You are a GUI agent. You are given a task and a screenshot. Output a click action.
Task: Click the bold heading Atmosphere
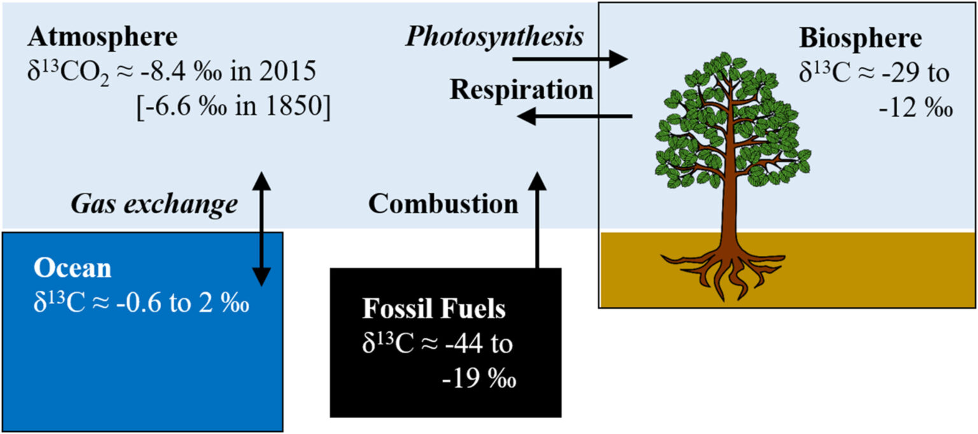[103, 38]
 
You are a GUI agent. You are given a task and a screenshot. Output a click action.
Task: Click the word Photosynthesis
[495, 38]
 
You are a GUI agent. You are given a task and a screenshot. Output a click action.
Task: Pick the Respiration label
[521, 90]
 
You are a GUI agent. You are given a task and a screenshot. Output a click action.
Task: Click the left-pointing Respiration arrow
[573, 116]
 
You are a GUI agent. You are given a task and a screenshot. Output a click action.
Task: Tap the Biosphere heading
[860, 39]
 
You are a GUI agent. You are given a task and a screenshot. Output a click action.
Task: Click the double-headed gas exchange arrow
[262, 229]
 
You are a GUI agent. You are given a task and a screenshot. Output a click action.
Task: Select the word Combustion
[443, 204]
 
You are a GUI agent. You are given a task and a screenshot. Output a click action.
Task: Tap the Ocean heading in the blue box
[73, 269]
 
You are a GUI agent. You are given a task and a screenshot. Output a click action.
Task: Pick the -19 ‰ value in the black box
[479, 380]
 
